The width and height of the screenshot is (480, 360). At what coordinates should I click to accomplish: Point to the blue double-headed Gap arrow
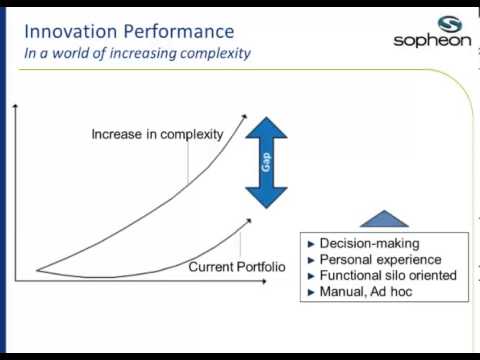[x=267, y=161]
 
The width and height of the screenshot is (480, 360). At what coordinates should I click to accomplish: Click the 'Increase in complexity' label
[x=157, y=134]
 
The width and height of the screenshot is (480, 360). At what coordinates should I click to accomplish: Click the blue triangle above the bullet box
[x=384, y=219]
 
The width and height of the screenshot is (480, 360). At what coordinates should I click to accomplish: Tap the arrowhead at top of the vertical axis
[x=17, y=105]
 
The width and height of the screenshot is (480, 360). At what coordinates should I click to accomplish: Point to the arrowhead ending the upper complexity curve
[x=244, y=118]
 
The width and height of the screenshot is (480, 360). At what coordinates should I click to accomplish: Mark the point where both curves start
[x=37, y=269]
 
